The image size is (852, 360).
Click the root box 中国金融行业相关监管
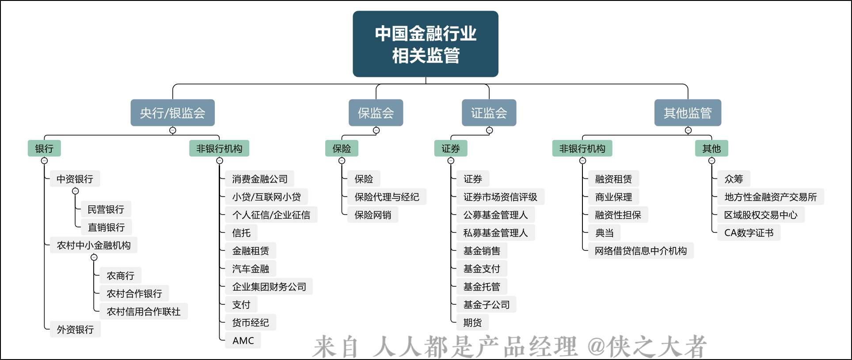click(x=426, y=44)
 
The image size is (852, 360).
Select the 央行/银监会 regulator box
click(x=173, y=113)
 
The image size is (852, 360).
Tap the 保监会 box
click(x=376, y=113)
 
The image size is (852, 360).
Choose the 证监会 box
click(x=489, y=113)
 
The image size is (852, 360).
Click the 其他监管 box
click(x=688, y=113)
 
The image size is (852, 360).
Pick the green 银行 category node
click(x=44, y=148)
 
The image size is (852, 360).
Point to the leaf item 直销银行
click(x=106, y=227)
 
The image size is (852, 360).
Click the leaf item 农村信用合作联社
click(x=144, y=311)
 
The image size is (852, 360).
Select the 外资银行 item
click(x=75, y=330)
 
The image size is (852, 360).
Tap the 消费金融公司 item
click(x=260, y=179)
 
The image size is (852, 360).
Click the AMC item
click(x=243, y=341)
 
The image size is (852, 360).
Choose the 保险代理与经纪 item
click(x=387, y=197)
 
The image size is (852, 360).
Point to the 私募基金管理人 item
click(x=495, y=233)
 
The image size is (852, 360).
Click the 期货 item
click(x=472, y=322)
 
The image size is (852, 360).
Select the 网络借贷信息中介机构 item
click(x=641, y=251)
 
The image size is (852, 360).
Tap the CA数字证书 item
click(x=749, y=233)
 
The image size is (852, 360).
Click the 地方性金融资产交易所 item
click(x=771, y=197)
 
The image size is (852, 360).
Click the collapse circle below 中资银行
click(x=76, y=191)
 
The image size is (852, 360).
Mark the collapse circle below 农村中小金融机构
click(x=94, y=257)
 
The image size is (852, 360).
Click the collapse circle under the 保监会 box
click(x=376, y=130)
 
